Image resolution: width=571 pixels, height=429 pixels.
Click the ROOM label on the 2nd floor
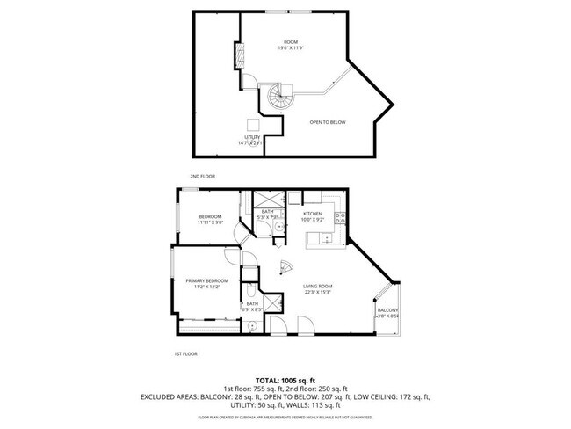[290, 41]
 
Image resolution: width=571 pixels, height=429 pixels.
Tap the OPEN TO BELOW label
[328, 122]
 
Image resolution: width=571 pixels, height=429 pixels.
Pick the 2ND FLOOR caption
[202, 176]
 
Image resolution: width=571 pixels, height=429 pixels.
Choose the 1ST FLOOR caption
[184, 353]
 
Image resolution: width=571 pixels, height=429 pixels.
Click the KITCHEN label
[313, 214]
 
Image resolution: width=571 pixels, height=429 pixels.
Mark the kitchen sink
[327, 237]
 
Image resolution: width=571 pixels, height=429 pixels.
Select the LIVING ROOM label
[317, 287]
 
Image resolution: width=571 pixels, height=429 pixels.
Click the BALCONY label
[387, 310]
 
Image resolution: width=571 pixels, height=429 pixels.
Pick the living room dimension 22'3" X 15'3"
[317, 293]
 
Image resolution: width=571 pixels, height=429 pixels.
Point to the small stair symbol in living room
[284, 268]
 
